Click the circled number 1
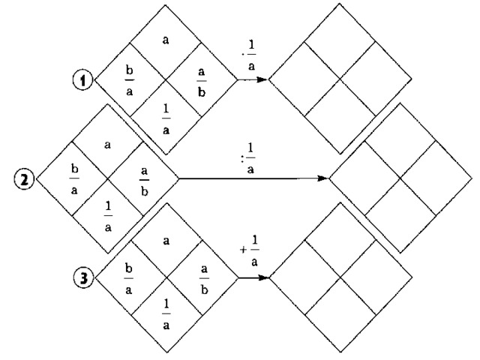point(86,77)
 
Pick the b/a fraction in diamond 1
point(130,77)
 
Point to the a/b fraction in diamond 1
point(201,77)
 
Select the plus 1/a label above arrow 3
point(253,256)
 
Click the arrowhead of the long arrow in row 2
point(323,178)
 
